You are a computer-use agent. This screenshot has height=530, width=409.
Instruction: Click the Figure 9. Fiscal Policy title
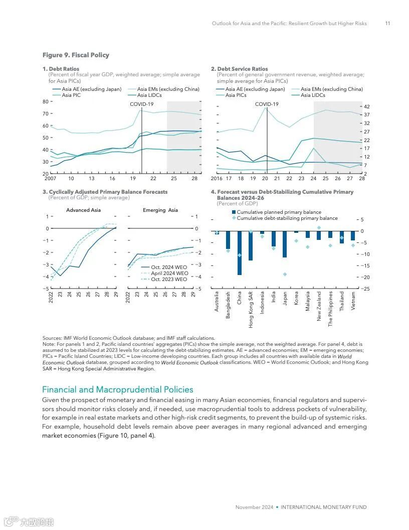click(76, 55)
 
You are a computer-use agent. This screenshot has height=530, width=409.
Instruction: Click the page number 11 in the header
click(387, 24)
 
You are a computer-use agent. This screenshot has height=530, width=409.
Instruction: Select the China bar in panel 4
click(240, 252)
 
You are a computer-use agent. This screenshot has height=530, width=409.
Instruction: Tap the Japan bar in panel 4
click(285, 244)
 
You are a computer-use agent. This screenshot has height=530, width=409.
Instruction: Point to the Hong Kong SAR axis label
click(251, 310)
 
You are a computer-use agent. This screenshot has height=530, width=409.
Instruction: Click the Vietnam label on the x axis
click(353, 301)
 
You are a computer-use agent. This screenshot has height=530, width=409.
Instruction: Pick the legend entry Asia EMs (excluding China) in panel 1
click(167, 89)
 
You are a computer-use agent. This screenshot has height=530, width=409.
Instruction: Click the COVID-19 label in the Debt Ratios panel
click(142, 104)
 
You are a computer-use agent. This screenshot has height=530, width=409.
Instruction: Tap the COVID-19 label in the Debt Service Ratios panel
click(267, 104)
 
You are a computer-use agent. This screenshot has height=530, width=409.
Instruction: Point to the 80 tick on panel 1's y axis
click(45, 101)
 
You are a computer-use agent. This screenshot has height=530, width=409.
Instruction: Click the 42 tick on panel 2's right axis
click(366, 106)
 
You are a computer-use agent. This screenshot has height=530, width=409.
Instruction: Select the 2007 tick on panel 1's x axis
click(50, 178)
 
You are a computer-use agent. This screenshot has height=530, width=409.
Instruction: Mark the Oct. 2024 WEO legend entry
click(169, 267)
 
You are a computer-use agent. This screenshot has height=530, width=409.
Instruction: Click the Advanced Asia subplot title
click(84, 210)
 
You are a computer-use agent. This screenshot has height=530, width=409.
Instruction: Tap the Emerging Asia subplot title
click(160, 210)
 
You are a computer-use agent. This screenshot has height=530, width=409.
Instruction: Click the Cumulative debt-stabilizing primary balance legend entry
click(287, 218)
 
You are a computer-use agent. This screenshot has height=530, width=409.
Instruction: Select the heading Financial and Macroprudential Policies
click(117, 389)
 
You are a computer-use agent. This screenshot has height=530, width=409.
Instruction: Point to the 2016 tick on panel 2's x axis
click(217, 178)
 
